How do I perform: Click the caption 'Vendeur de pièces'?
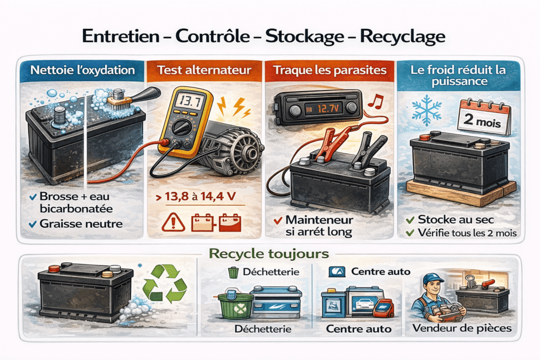point(462,328)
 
